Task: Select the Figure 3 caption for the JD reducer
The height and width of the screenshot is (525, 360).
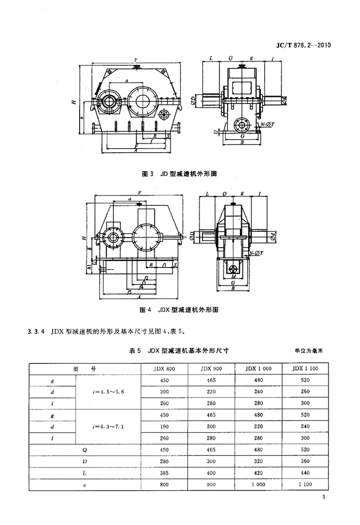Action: pyautogui.click(x=180, y=173)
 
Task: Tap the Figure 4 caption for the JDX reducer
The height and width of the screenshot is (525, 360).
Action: pyautogui.click(x=180, y=310)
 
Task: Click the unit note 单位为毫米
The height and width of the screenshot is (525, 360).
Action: pyautogui.click(x=310, y=349)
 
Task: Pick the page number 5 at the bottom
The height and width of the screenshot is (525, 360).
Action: pyautogui.click(x=324, y=497)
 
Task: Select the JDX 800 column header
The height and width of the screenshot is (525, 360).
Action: pyautogui.click(x=164, y=368)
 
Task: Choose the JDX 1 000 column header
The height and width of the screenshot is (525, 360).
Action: pyautogui.click(x=258, y=368)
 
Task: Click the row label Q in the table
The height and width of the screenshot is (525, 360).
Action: pyautogui.click(x=85, y=449)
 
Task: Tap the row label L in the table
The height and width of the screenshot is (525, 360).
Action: pyautogui.click(x=85, y=473)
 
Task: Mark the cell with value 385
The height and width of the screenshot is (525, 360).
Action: pyautogui.click(x=164, y=473)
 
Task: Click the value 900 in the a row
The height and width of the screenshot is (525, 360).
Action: pyautogui.click(x=211, y=484)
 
